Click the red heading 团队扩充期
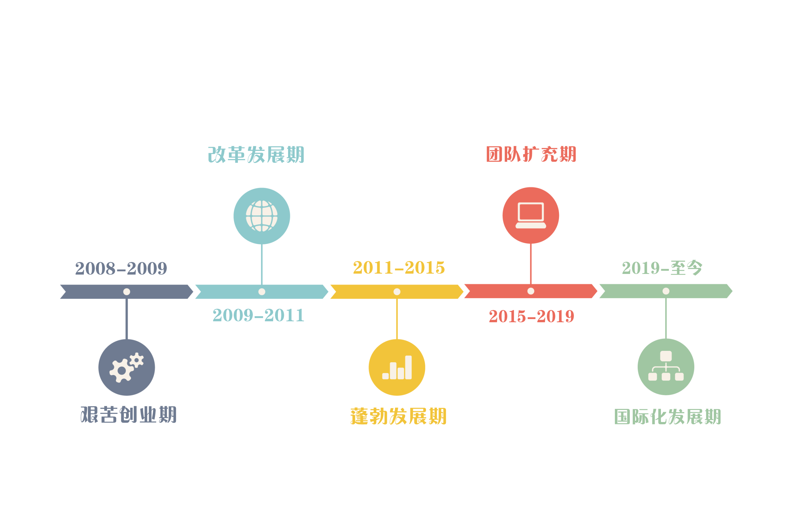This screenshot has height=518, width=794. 531,154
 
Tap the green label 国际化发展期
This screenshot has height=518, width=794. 667,417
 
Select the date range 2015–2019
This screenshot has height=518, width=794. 531,316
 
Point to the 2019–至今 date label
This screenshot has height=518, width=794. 662,268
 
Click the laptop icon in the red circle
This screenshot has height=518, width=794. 531,215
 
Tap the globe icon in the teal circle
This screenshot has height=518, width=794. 262,216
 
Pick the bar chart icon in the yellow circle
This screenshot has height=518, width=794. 397,367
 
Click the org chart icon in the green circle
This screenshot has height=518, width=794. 666,366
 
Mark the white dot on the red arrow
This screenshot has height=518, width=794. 531,291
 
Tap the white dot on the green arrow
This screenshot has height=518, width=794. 666,291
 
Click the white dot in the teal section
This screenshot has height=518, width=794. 262,292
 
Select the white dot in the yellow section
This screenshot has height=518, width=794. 397,292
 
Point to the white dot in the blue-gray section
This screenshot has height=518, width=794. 127,292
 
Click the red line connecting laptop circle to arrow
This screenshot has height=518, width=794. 531,264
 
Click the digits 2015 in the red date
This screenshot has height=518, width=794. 507,316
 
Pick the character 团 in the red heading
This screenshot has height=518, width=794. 495,154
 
